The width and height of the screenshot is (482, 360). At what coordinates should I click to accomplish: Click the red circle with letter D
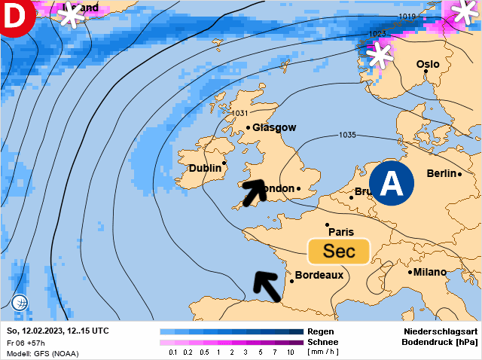[x=15, y=15]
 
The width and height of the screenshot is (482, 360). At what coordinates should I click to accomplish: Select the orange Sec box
[x=339, y=251]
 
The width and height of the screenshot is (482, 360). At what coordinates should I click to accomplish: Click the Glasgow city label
[x=274, y=128]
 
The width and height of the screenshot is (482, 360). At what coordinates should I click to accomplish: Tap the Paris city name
[x=340, y=232]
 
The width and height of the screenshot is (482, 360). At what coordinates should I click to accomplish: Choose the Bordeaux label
[x=319, y=275]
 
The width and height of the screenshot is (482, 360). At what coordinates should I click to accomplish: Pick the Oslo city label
[x=428, y=65]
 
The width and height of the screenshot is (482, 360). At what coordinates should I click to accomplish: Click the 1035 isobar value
[x=347, y=136]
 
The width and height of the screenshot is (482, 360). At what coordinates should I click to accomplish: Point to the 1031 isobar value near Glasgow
[x=239, y=113]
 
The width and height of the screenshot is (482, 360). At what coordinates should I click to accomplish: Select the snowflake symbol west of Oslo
[x=380, y=54]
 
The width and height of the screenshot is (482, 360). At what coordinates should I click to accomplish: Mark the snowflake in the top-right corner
[x=464, y=13]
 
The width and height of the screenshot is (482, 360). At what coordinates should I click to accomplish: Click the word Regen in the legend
[x=319, y=331]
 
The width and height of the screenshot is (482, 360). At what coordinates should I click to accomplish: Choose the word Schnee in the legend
[x=324, y=341]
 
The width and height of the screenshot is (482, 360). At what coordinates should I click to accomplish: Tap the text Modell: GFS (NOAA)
[x=42, y=353]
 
